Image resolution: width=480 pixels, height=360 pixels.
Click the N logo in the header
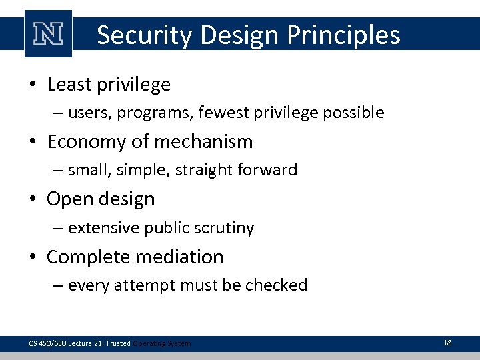pyautogui.click(x=48, y=34)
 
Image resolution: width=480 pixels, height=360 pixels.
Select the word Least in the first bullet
pyautogui.click(x=70, y=85)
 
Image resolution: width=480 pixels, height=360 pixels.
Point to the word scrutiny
pyautogui.click(x=224, y=228)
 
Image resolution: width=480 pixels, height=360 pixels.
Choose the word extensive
pyautogui.click(x=99, y=228)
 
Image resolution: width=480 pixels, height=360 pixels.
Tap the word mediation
pyautogui.click(x=186, y=257)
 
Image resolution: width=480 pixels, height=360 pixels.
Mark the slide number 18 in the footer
pyautogui.click(x=447, y=343)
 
